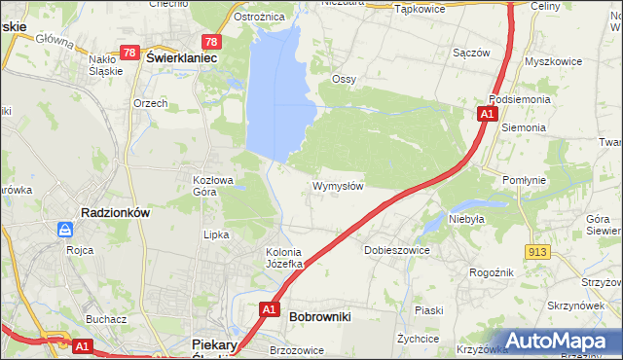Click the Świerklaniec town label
pos(180,58)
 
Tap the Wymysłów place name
pos(338,186)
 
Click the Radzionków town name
pos(114,212)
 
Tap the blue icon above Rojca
pos(65,230)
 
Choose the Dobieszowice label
pos(396,250)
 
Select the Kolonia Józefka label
pos(286,258)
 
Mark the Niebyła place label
pos(466,220)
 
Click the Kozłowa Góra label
pos(214,185)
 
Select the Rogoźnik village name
pos(494,273)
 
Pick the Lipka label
pos(215,234)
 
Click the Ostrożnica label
pos(259,17)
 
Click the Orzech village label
pos(151,103)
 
